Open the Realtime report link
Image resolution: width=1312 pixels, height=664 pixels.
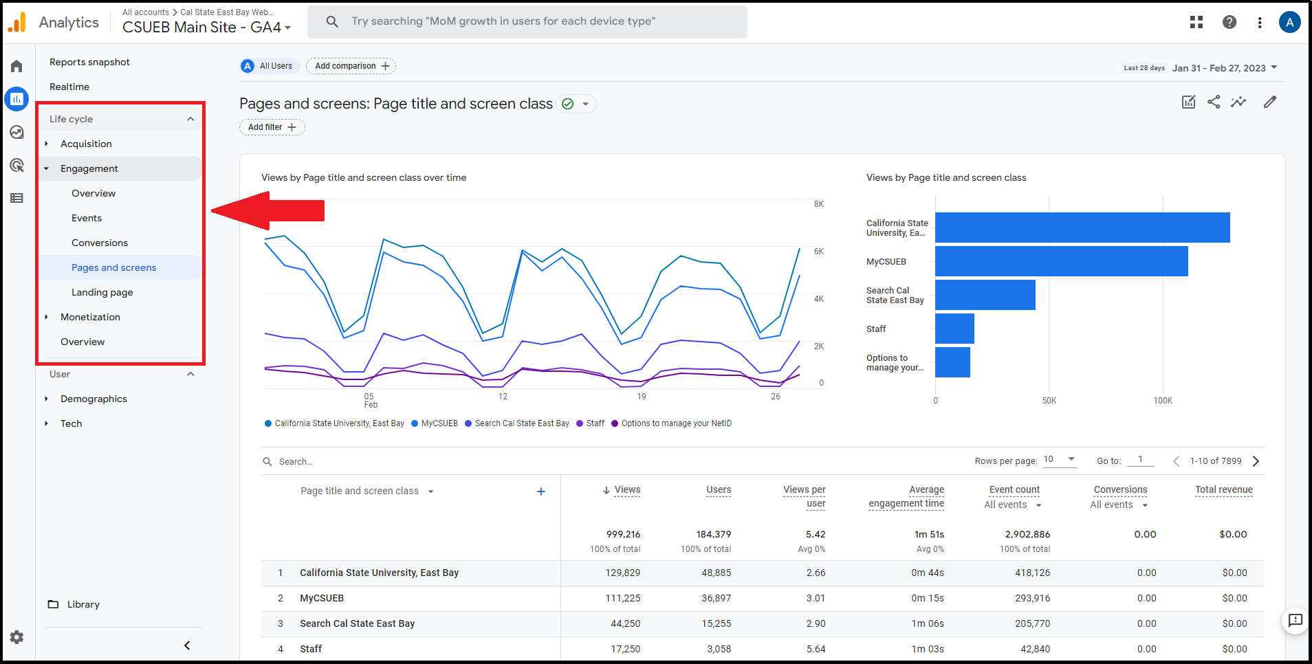coord(69,87)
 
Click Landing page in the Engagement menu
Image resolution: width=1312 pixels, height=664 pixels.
coord(102,292)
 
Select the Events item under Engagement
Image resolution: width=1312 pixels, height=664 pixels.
coord(87,218)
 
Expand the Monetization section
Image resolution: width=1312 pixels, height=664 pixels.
coord(90,317)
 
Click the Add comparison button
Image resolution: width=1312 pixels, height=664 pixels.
coord(351,66)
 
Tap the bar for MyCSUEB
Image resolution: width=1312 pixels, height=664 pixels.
coord(1061,261)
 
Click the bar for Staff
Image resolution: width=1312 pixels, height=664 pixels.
coord(954,329)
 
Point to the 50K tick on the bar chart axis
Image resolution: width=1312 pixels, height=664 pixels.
coord(1049,401)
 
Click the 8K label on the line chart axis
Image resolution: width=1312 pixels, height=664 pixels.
coord(818,204)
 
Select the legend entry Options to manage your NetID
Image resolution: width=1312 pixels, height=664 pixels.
coord(676,423)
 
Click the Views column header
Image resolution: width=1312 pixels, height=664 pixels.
coord(626,490)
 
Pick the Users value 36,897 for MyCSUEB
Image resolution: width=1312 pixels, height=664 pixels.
coord(716,598)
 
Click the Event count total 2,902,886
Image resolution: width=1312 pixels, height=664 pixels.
coord(1027,534)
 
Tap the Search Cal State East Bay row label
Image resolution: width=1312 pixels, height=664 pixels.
coord(357,623)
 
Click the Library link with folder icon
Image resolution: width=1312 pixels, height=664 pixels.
coord(83,604)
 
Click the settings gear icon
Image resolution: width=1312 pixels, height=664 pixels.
coord(17,637)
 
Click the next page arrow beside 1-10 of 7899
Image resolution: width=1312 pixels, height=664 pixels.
coord(1256,461)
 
